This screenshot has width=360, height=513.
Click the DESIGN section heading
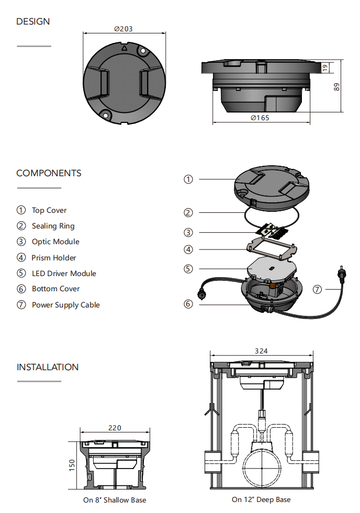pyautogui.click(x=33, y=21)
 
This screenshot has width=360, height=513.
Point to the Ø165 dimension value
pyautogui.click(x=260, y=118)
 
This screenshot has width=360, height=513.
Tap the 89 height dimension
pyautogui.click(x=336, y=86)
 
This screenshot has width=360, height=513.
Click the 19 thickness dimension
pyautogui.click(x=324, y=67)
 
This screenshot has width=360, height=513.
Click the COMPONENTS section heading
pyautogui.click(x=49, y=173)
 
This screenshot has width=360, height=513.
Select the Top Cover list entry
pyautogui.click(x=49, y=210)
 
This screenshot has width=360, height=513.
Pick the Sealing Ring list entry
pyautogui.click(x=53, y=226)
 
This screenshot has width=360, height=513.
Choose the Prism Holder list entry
pyautogui.click(x=54, y=257)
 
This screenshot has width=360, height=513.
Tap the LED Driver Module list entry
pyautogui.click(x=64, y=273)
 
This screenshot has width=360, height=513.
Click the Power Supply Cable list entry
pyautogui.click(x=65, y=305)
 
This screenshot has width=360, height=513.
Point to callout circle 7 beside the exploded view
pyautogui.click(x=317, y=289)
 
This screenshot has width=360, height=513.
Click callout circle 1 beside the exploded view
pyautogui.click(x=188, y=179)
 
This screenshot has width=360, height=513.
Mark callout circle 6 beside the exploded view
pyautogui.click(x=188, y=304)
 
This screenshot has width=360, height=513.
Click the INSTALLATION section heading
pyautogui.click(x=48, y=367)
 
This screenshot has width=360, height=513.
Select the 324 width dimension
pyautogui.click(x=261, y=351)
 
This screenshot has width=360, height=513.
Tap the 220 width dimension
pyautogui.click(x=115, y=428)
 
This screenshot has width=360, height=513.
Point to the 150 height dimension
pyautogui.click(x=72, y=464)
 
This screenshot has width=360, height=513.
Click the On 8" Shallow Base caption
pyautogui.click(x=115, y=500)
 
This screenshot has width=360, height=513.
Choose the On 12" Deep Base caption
pyautogui.click(x=261, y=499)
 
